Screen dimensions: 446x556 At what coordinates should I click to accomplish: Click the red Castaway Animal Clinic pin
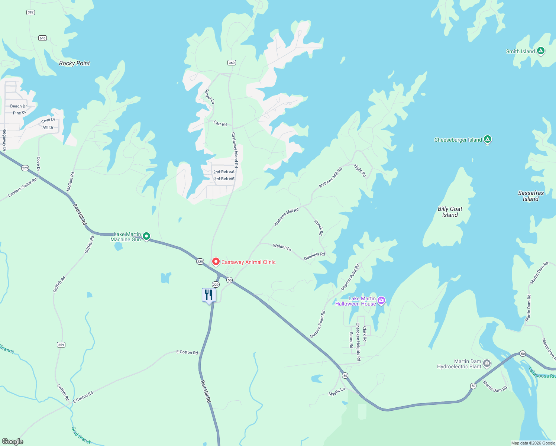pos(216,262)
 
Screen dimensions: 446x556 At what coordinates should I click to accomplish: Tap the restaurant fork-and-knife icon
pos(209,295)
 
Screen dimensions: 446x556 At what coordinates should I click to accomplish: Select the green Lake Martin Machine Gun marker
pos(146,236)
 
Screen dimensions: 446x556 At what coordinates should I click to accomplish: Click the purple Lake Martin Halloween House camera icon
pos(381,300)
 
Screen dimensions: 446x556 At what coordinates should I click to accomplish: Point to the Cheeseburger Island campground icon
pos(488,139)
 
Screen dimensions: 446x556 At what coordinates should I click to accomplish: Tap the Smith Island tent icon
pos(541,51)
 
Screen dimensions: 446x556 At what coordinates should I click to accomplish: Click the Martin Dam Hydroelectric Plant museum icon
pos(487,363)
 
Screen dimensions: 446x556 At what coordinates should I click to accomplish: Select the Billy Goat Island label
pos(450,212)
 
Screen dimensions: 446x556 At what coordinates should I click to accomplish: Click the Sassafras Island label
pos(531,196)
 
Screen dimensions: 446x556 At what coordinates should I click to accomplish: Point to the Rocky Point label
pos(74,63)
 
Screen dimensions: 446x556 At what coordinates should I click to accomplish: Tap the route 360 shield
pos(232,62)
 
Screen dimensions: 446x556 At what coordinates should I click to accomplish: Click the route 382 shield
pos(30,12)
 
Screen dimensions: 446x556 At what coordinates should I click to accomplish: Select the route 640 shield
pos(42,38)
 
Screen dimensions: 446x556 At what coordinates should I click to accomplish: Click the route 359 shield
pos(61,345)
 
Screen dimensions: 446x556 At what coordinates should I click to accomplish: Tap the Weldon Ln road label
pos(282,247)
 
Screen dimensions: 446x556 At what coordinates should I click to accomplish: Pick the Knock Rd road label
pos(319,227)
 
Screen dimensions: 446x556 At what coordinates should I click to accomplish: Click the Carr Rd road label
pos(220,123)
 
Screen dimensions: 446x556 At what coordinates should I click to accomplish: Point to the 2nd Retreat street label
pos(224,172)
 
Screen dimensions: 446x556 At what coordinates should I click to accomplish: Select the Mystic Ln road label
pos(337,392)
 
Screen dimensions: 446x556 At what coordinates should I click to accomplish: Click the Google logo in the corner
pos(13,441)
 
